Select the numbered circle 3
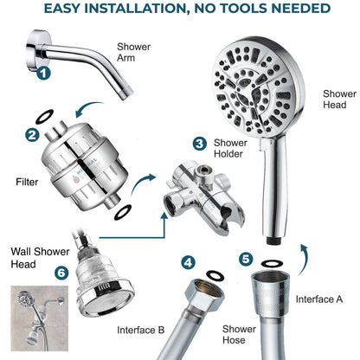[199, 143]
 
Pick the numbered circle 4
[189, 260]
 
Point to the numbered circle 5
[247, 258]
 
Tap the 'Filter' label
[28, 183]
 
